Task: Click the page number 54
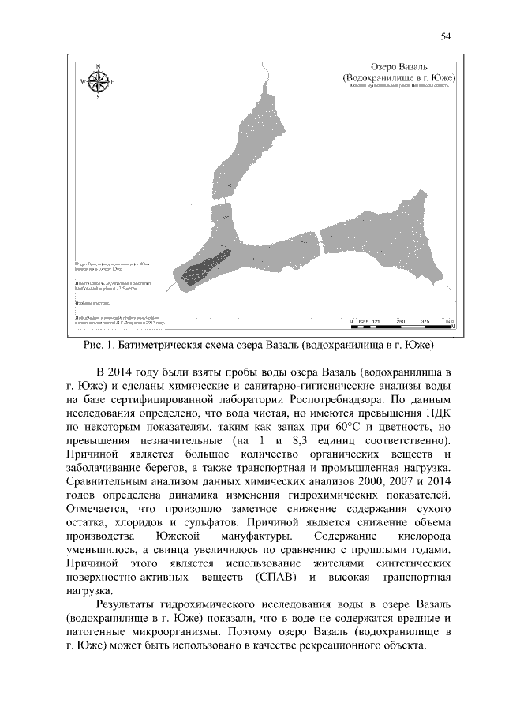pos(446,36)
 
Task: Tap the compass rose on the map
pos(98,81)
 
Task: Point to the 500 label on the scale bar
pos(449,322)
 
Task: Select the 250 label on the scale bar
pos(400,322)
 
